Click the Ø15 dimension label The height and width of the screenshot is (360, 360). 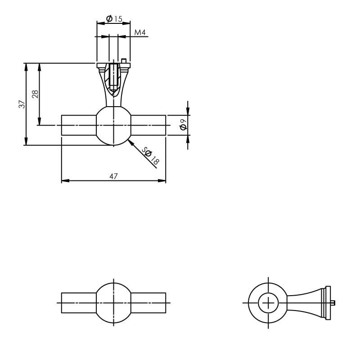click(x=114, y=19)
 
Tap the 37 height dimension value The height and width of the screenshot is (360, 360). click(x=21, y=104)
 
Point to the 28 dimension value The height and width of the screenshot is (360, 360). click(x=35, y=94)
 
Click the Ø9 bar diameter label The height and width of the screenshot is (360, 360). click(x=183, y=125)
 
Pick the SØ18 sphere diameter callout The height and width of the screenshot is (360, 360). click(x=150, y=155)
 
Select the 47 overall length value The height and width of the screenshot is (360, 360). click(x=113, y=176)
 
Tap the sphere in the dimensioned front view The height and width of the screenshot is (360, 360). click(x=113, y=126)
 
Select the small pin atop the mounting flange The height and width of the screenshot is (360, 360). click(x=124, y=61)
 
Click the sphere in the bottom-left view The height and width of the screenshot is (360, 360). click(x=113, y=302)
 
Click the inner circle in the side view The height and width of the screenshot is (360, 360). click(x=269, y=302)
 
